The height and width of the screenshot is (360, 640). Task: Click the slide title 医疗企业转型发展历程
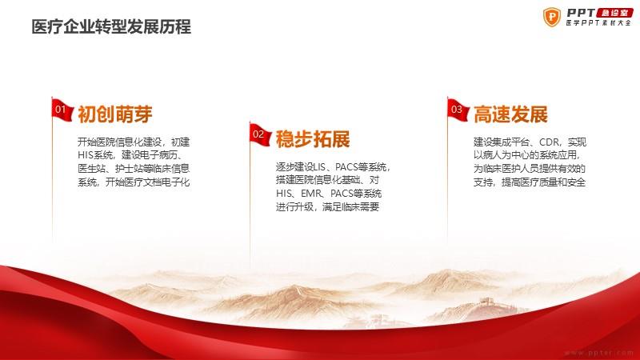click(x=111, y=27)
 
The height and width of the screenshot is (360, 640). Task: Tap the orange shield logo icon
click(x=552, y=17)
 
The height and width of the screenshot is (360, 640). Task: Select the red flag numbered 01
click(x=62, y=110)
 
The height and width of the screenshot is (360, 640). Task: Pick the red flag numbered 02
click(x=260, y=134)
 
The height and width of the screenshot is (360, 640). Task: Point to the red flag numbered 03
click(x=458, y=110)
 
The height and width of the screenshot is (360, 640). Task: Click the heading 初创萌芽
click(x=114, y=114)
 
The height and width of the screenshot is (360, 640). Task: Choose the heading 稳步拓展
click(x=313, y=139)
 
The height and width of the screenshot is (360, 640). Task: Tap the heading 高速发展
click(x=510, y=114)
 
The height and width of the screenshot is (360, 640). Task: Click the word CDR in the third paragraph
click(x=550, y=142)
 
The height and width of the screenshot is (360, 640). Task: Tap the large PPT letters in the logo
click(x=581, y=13)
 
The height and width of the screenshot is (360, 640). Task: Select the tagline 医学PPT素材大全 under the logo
click(x=598, y=23)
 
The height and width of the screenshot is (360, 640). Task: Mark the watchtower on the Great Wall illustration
click(x=486, y=302)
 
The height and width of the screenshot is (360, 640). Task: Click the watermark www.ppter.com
click(x=598, y=353)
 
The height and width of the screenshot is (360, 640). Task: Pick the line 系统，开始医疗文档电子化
click(x=134, y=182)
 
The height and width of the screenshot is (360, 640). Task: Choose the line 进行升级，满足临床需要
click(x=327, y=207)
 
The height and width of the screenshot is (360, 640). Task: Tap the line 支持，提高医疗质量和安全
click(x=530, y=182)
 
